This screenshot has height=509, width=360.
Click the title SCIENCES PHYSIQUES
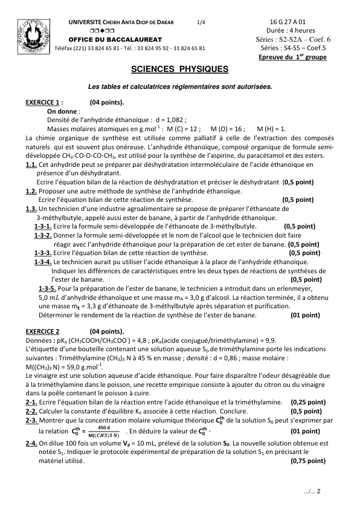(180, 70)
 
